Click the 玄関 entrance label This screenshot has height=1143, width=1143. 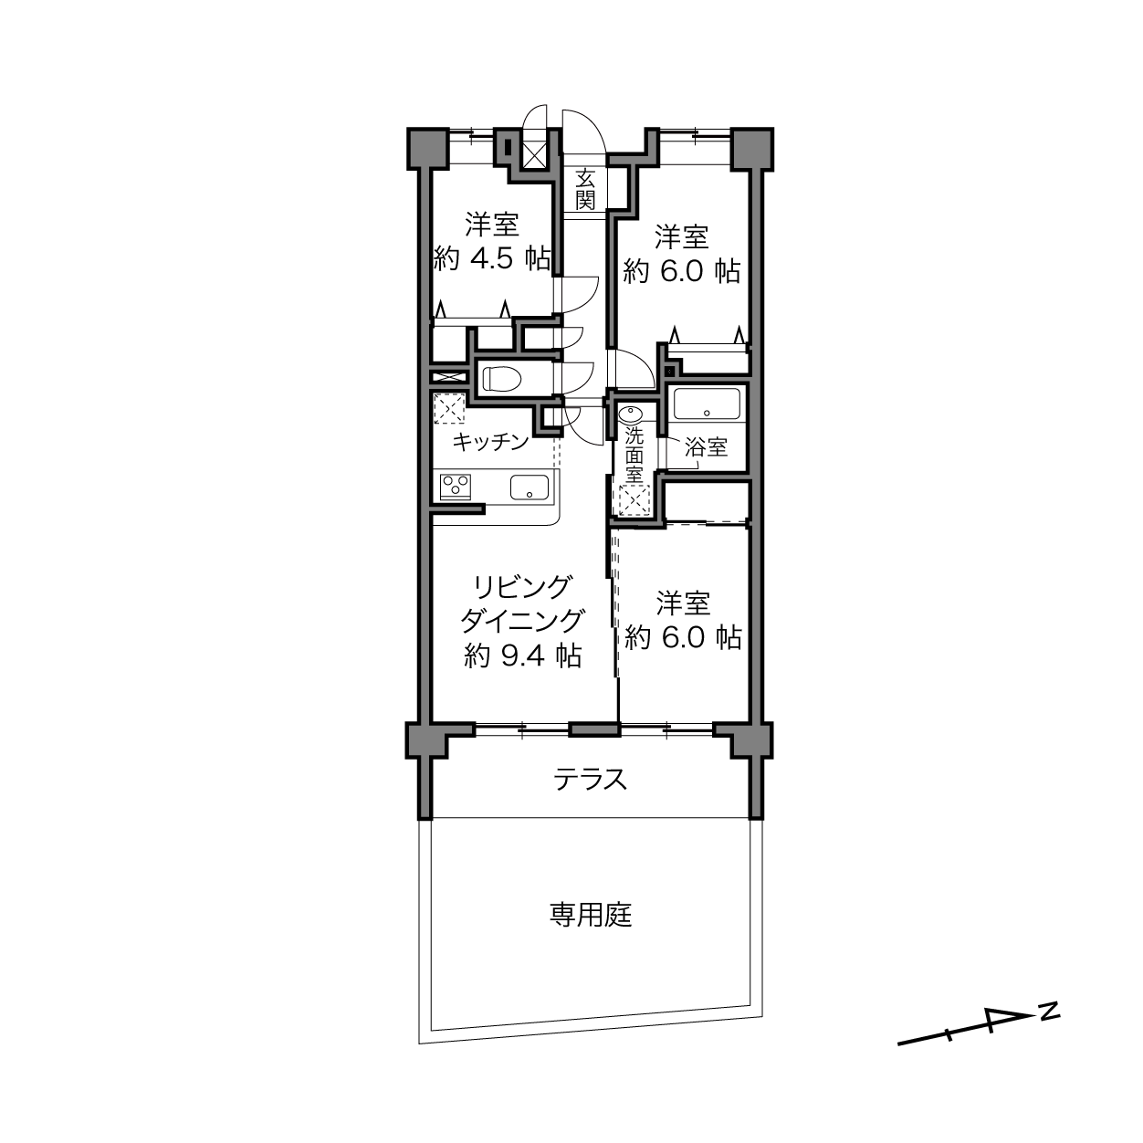[x=585, y=189]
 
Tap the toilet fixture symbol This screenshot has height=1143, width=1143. [x=501, y=378]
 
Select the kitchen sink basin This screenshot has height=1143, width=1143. [x=530, y=487]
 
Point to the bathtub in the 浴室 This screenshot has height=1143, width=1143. [x=706, y=404]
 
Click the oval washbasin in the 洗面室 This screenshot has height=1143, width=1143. [x=631, y=414]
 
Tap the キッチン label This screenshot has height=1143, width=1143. [x=490, y=441]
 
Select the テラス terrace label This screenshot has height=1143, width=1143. [x=590, y=779]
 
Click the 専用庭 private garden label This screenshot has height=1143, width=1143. [x=590, y=915]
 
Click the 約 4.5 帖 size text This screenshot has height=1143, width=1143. [x=492, y=259]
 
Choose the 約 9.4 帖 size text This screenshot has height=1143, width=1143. [x=522, y=656]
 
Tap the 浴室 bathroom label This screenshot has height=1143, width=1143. [x=706, y=447]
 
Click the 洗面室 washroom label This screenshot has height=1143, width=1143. [x=634, y=455]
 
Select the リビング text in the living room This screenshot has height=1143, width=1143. [x=521, y=587]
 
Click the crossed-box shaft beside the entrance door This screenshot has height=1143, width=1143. [x=534, y=155]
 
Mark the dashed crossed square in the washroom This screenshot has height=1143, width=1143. [x=634, y=500]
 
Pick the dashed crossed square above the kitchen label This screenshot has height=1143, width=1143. [x=449, y=409]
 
